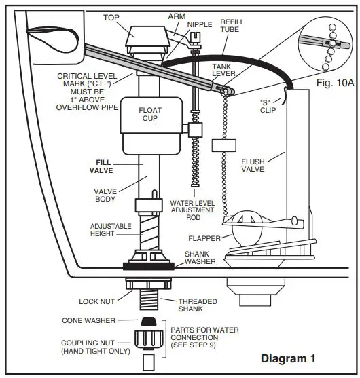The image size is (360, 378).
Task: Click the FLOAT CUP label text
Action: (x=149, y=113)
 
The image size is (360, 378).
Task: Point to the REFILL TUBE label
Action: (x=232, y=26)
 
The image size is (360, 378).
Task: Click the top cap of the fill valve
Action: (x=148, y=30)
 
